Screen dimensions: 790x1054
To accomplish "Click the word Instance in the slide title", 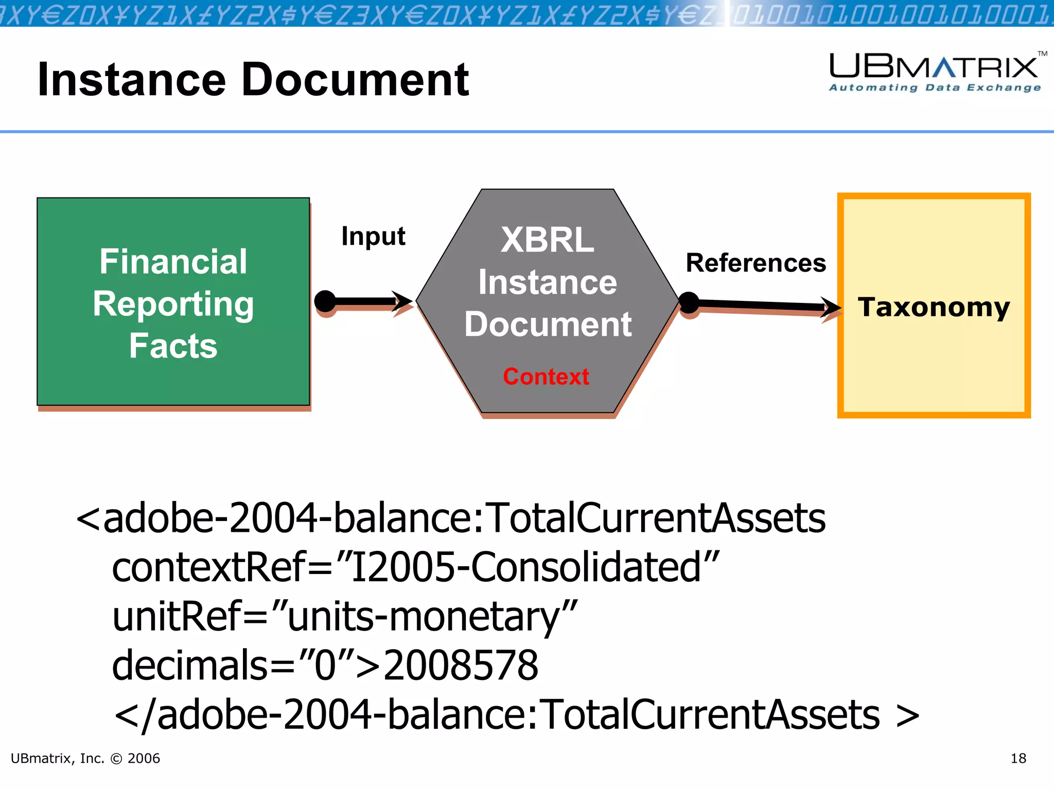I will (132, 80).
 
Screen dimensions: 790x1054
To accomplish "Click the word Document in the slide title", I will (355, 80).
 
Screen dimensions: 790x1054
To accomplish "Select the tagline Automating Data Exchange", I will (935, 88).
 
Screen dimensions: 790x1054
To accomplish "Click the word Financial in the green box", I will (173, 262).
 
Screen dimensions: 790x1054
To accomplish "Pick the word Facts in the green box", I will (173, 346).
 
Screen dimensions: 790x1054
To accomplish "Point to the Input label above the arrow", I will (373, 237).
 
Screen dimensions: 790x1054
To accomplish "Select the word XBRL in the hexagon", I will (547, 240).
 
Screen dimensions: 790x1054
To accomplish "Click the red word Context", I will (546, 376).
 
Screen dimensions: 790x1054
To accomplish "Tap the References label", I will (756, 263).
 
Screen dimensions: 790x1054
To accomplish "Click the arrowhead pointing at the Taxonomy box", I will (830, 308).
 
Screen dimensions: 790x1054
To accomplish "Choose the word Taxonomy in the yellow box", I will (934, 307).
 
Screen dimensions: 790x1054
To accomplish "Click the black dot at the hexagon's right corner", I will (689, 302).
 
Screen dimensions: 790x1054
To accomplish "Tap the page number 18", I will (1018, 759).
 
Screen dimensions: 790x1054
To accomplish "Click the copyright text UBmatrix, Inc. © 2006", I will (85, 759).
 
